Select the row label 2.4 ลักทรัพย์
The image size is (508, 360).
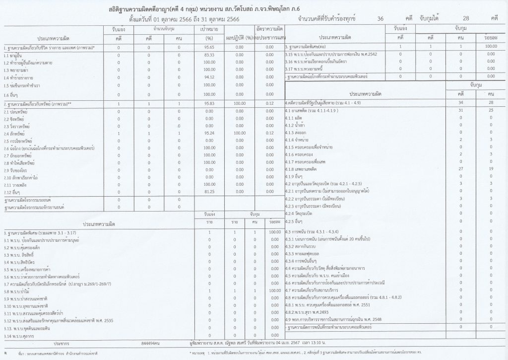17,134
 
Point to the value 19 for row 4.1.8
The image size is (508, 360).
490,169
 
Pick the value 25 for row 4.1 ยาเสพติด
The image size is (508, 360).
490,110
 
